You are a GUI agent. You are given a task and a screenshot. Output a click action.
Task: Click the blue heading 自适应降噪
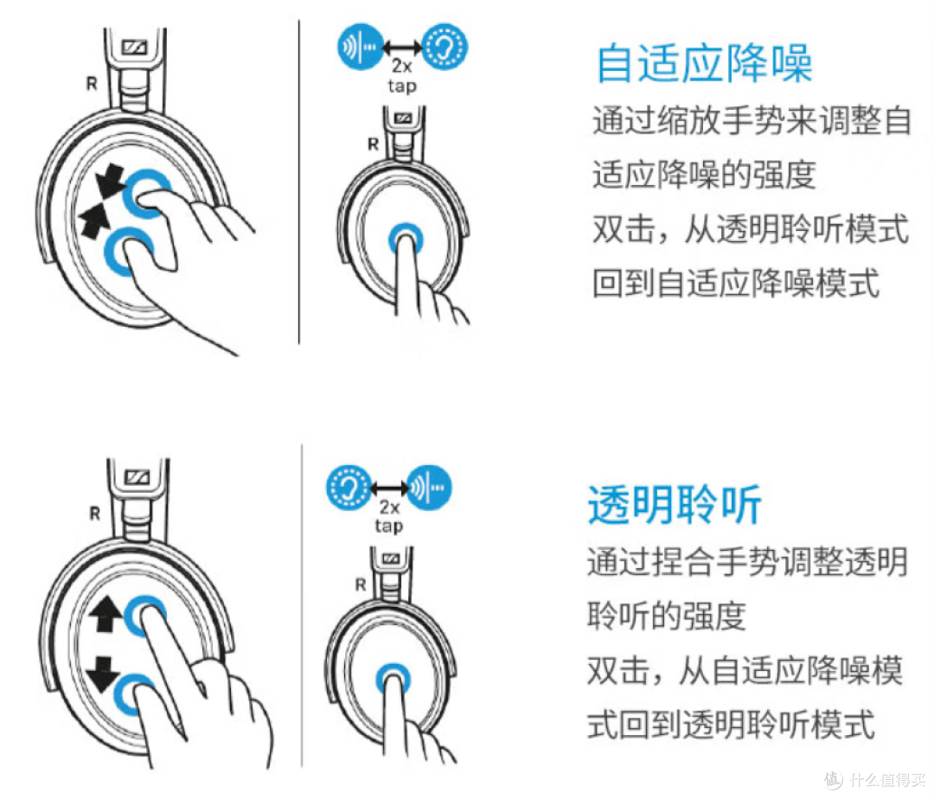pos(705,63)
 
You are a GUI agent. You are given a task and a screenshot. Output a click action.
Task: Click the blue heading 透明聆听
pos(675,504)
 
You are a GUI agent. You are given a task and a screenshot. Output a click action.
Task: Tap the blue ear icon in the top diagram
pos(445,47)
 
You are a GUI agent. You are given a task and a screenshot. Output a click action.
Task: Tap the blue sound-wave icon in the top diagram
pos(361,47)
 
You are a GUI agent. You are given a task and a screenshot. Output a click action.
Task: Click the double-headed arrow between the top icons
pos(403,48)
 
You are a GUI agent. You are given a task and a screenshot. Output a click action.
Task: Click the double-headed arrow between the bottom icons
pos(389,489)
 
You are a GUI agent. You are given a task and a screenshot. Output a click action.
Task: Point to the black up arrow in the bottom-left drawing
pos(106,615)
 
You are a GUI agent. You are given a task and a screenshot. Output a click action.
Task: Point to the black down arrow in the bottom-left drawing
pos(104,674)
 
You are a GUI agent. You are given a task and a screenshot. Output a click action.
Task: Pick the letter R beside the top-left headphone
pos(91,84)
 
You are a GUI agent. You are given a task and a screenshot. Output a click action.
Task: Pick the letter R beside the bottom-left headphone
pos(94,514)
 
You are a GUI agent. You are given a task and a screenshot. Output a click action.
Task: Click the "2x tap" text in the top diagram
pos(402,75)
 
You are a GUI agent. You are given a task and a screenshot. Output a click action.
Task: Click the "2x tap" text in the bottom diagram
pos(389,516)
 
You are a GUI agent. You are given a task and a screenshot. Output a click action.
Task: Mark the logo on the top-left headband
pos(134,47)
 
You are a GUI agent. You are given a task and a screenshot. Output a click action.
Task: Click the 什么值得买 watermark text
pos(887,779)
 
